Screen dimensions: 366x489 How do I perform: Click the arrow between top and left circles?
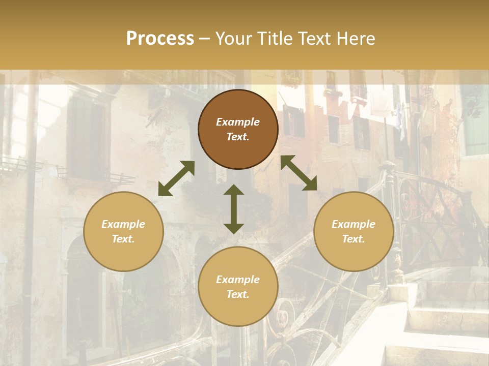point(176,178)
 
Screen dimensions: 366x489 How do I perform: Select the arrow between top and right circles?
point(298,173)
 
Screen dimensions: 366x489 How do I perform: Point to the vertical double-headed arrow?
point(234,209)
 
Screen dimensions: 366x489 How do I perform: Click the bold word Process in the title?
point(160,39)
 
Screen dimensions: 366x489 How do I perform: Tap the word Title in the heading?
point(276,39)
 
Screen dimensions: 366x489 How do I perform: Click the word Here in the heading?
point(356,39)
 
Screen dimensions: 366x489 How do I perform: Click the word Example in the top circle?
point(238,122)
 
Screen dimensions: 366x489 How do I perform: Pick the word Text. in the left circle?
point(123,239)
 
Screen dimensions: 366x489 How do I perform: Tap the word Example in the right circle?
point(354,224)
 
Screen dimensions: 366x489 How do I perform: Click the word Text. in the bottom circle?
point(238,294)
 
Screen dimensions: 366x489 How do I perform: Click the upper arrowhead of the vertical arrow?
point(234,190)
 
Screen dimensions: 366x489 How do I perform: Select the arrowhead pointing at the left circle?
point(164,190)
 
